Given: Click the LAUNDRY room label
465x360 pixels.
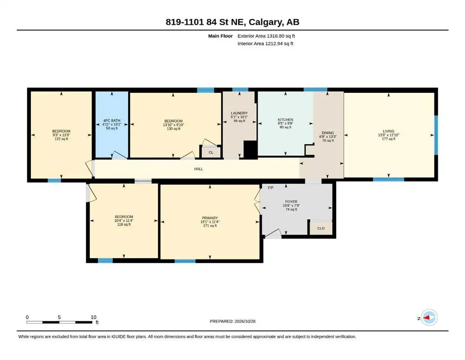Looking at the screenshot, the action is point(239,113).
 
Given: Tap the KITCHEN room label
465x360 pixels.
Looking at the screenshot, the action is point(285,120).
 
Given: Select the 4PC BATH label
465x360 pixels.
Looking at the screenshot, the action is point(112,120).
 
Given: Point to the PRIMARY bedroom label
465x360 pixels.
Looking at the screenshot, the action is point(210,218).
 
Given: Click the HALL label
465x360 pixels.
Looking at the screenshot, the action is point(199,169).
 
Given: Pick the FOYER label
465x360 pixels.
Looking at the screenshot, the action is point(291,202).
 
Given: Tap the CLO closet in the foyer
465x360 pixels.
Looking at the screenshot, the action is point(321,228).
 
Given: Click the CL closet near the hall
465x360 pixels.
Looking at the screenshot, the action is point(211,152).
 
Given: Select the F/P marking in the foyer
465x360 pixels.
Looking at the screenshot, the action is point(271,187).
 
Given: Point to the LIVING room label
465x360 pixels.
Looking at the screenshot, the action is point(389,131).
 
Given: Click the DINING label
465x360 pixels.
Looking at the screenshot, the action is point(328,133).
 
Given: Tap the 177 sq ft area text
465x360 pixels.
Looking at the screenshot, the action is point(389,139).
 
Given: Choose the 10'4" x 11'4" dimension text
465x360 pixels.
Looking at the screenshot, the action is point(124,220).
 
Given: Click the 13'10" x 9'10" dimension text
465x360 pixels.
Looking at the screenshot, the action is point(173,125).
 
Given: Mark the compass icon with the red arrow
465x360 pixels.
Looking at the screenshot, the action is point(429,317).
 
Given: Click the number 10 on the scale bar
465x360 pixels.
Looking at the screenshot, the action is point(93,317).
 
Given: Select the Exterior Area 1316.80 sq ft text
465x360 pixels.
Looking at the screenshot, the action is point(266,36).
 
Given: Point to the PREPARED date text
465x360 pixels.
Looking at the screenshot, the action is point(232,321).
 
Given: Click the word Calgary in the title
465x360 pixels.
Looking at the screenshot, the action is point(265,22).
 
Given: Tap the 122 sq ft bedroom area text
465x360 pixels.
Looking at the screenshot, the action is point(61,139).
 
